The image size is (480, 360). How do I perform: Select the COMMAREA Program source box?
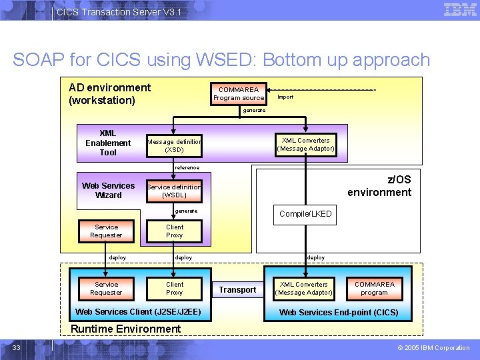(239, 94)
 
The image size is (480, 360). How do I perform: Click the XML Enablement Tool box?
(108, 143)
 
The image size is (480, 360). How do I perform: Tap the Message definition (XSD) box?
(174, 145)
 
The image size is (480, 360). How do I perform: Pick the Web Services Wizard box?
(108, 191)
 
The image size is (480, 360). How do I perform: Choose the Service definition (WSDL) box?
(174, 191)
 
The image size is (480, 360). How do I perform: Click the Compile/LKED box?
(305, 214)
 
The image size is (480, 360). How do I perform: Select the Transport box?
(237, 290)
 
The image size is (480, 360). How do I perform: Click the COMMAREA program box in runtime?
(374, 288)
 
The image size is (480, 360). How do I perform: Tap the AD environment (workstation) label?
(110, 94)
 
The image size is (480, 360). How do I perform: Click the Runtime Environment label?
(125, 329)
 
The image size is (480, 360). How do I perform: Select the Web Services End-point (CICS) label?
(339, 312)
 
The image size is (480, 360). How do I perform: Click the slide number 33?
(17, 347)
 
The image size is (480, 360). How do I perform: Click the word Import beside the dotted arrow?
(285, 97)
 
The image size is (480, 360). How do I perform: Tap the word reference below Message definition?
(186, 167)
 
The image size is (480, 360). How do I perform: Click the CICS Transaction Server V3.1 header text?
(118, 12)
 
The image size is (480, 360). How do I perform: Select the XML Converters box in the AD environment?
(305, 145)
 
